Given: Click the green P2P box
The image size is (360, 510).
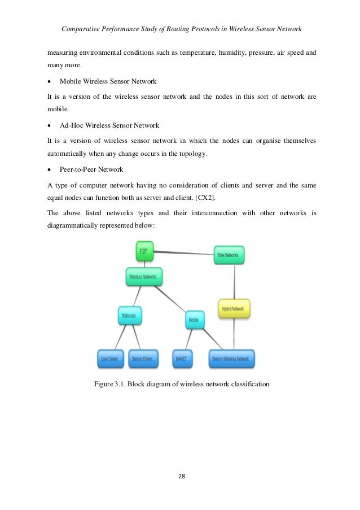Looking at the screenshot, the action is tap(144, 251).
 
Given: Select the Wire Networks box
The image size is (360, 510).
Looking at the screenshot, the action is tap(229, 255).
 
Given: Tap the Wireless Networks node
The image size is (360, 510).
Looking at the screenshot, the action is tap(144, 277).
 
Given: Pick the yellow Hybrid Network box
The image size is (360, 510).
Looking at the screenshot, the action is tap(234, 308).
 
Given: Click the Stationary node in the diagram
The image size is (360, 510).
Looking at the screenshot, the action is tap(129, 316).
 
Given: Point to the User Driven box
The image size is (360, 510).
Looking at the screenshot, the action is tap(112, 358).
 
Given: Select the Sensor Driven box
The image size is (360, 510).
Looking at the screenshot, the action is tap(142, 358).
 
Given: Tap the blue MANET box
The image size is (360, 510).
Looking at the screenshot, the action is tap(182, 358).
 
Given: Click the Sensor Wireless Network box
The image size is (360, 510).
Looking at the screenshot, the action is tap(231, 358).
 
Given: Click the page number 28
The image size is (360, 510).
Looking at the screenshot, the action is tap(180, 476).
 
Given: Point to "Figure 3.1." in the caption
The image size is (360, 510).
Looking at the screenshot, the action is tap(109, 385).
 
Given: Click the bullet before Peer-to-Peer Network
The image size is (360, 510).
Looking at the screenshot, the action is tap(50, 169).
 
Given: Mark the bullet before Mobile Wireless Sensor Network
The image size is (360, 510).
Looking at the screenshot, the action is tap(50, 81).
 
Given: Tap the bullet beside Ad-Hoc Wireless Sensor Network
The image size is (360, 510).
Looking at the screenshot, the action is tap(50, 125).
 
